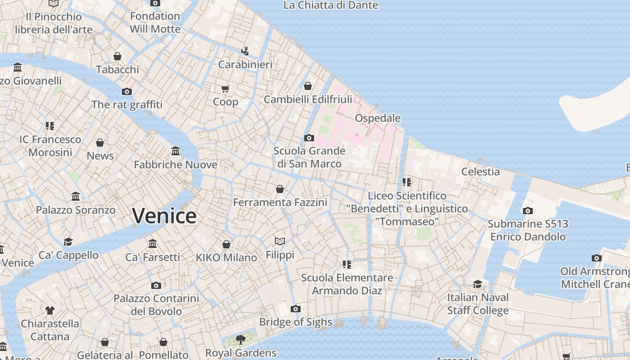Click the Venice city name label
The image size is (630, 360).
164,216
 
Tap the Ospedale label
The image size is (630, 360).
378,118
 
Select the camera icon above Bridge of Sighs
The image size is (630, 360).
295,309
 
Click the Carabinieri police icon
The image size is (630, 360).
245,51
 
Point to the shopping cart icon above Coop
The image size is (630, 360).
225,89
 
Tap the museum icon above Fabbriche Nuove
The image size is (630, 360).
175,151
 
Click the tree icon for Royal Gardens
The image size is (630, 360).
240,339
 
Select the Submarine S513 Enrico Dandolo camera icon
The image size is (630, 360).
527,211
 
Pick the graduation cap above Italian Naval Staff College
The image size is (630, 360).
477,284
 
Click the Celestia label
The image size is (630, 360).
480,171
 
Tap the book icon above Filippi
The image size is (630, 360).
280,242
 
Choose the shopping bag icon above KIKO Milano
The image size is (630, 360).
226,244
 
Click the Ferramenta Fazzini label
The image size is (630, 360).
280,202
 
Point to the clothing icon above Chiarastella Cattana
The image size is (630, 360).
50,310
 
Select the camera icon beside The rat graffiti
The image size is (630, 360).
127,92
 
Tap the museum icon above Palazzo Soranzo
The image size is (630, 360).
76,197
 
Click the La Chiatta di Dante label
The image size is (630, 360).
331,5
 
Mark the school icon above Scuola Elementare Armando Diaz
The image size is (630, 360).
346,265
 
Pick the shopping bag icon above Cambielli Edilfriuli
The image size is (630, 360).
308,86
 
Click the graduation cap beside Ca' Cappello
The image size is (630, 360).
68,242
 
